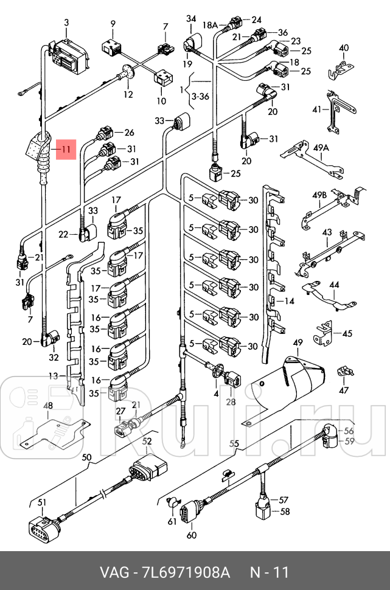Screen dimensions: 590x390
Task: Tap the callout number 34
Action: [x=191, y=19]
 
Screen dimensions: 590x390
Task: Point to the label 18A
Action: [x=210, y=26]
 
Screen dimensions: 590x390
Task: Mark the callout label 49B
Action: [x=320, y=195]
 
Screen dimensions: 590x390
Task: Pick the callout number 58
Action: [x=284, y=512]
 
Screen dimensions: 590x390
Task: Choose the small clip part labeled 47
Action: [x=344, y=372]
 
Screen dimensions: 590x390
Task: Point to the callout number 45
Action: [x=347, y=333]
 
